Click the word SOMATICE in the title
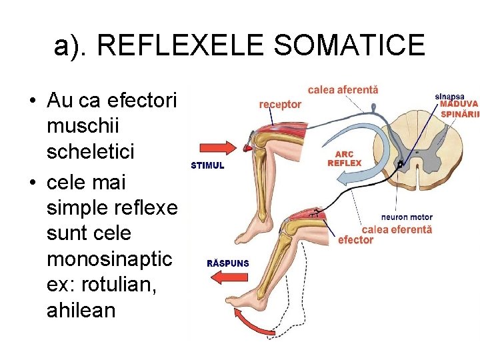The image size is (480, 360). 349,45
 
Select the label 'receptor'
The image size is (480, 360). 280,104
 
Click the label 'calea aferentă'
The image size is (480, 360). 343,89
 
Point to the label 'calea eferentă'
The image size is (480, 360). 397,229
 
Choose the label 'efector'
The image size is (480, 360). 355,240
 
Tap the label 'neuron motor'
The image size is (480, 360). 407,217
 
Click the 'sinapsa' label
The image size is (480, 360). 450,97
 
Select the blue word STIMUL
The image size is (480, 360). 207,165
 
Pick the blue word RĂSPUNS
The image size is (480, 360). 228,263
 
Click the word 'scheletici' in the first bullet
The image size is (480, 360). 91,152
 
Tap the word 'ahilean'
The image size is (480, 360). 81,311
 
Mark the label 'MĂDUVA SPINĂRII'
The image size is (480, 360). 460,109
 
